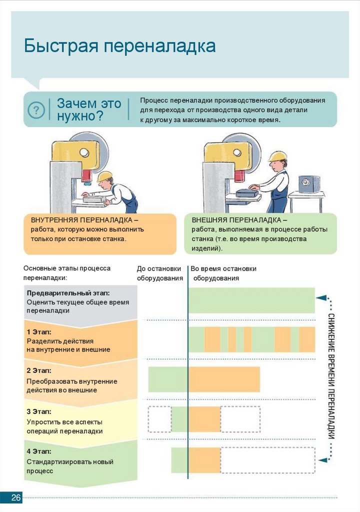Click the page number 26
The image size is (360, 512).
tap(16, 498)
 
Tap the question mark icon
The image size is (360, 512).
tap(36, 110)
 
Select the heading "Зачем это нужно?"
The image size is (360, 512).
tap(88, 109)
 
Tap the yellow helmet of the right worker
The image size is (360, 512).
tap(276, 156)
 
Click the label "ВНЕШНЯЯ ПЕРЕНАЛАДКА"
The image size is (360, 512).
tap(239, 220)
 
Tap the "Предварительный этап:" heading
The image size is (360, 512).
tap(68, 293)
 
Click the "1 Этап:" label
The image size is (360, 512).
tap(39, 331)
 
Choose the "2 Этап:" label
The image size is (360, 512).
tap(39, 371)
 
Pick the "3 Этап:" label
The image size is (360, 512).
tap(39, 411)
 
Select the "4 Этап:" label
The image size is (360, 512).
tap(39, 451)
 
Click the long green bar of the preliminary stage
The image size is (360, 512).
tap(251, 300)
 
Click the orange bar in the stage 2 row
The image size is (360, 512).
tap(224, 379)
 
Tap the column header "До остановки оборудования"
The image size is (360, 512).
tap(159, 273)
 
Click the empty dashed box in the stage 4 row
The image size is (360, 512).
tap(267, 460)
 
